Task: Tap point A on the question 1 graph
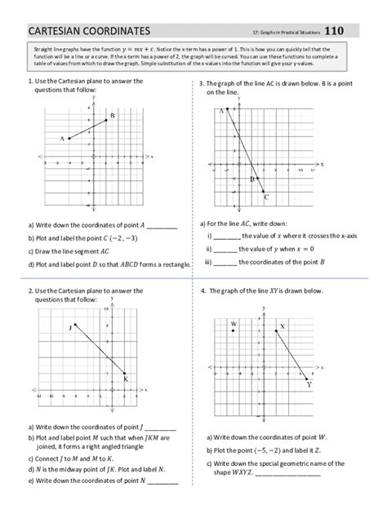(x=69, y=139)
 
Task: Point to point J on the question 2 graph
(x=75, y=326)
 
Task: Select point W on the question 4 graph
(x=234, y=331)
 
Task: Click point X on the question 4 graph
(x=277, y=330)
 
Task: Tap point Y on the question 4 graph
(x=305, y=379)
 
